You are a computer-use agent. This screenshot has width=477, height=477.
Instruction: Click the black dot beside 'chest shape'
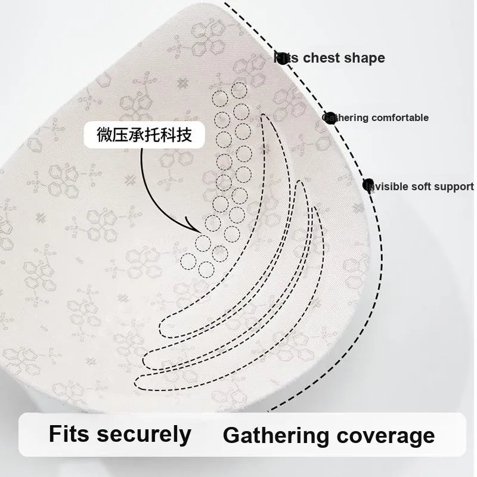(280, 58)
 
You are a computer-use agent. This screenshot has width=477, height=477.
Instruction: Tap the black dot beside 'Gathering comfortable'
(330, 117)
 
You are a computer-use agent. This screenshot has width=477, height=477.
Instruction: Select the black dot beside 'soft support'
(369, 185)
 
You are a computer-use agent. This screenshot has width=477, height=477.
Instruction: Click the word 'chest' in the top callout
(323, 58)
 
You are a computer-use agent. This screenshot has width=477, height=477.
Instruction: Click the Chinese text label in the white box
(145, 135)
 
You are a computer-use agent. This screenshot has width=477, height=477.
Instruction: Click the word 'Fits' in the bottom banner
(69, 433)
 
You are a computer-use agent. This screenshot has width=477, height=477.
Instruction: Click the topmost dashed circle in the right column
(239, 91)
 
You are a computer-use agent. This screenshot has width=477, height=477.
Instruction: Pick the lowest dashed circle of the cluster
(206, 268)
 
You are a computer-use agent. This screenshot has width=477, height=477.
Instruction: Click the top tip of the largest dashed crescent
(263, 115)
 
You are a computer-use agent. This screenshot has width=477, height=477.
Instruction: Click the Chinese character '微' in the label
(105, 135)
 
